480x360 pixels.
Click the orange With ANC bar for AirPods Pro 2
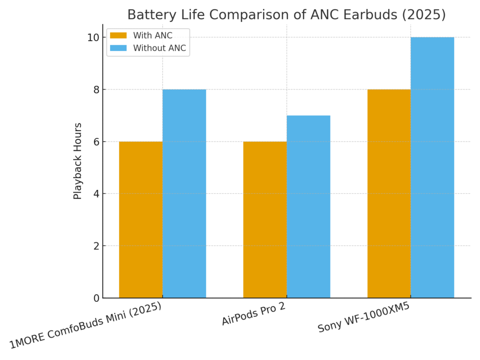tap(265, 219)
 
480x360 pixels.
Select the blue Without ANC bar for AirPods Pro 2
tap(308, 206)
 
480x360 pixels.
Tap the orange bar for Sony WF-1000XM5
tap(389, 193)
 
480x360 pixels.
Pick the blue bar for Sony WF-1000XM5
tap(432, 167)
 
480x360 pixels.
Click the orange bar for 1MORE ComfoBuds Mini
tap(141, 219)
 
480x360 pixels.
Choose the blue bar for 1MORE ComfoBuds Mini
tap(184, 193)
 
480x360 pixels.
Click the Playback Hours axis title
tap(78, 161)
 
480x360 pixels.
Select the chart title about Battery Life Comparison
tap(286, 15)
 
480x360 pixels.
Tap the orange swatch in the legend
tap(119, 36)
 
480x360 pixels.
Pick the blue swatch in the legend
tap(119, 48)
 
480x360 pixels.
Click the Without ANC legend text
tap(159, 48)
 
